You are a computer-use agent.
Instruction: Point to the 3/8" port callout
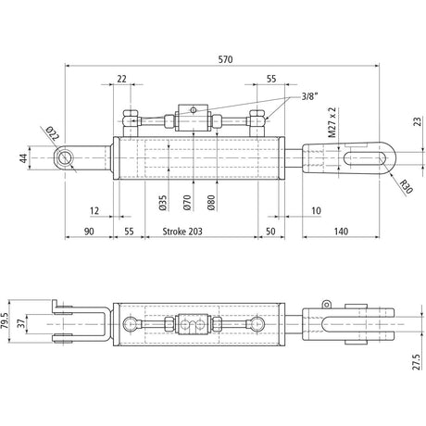tap(313, 95)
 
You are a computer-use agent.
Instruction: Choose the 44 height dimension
tap(24, 159)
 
